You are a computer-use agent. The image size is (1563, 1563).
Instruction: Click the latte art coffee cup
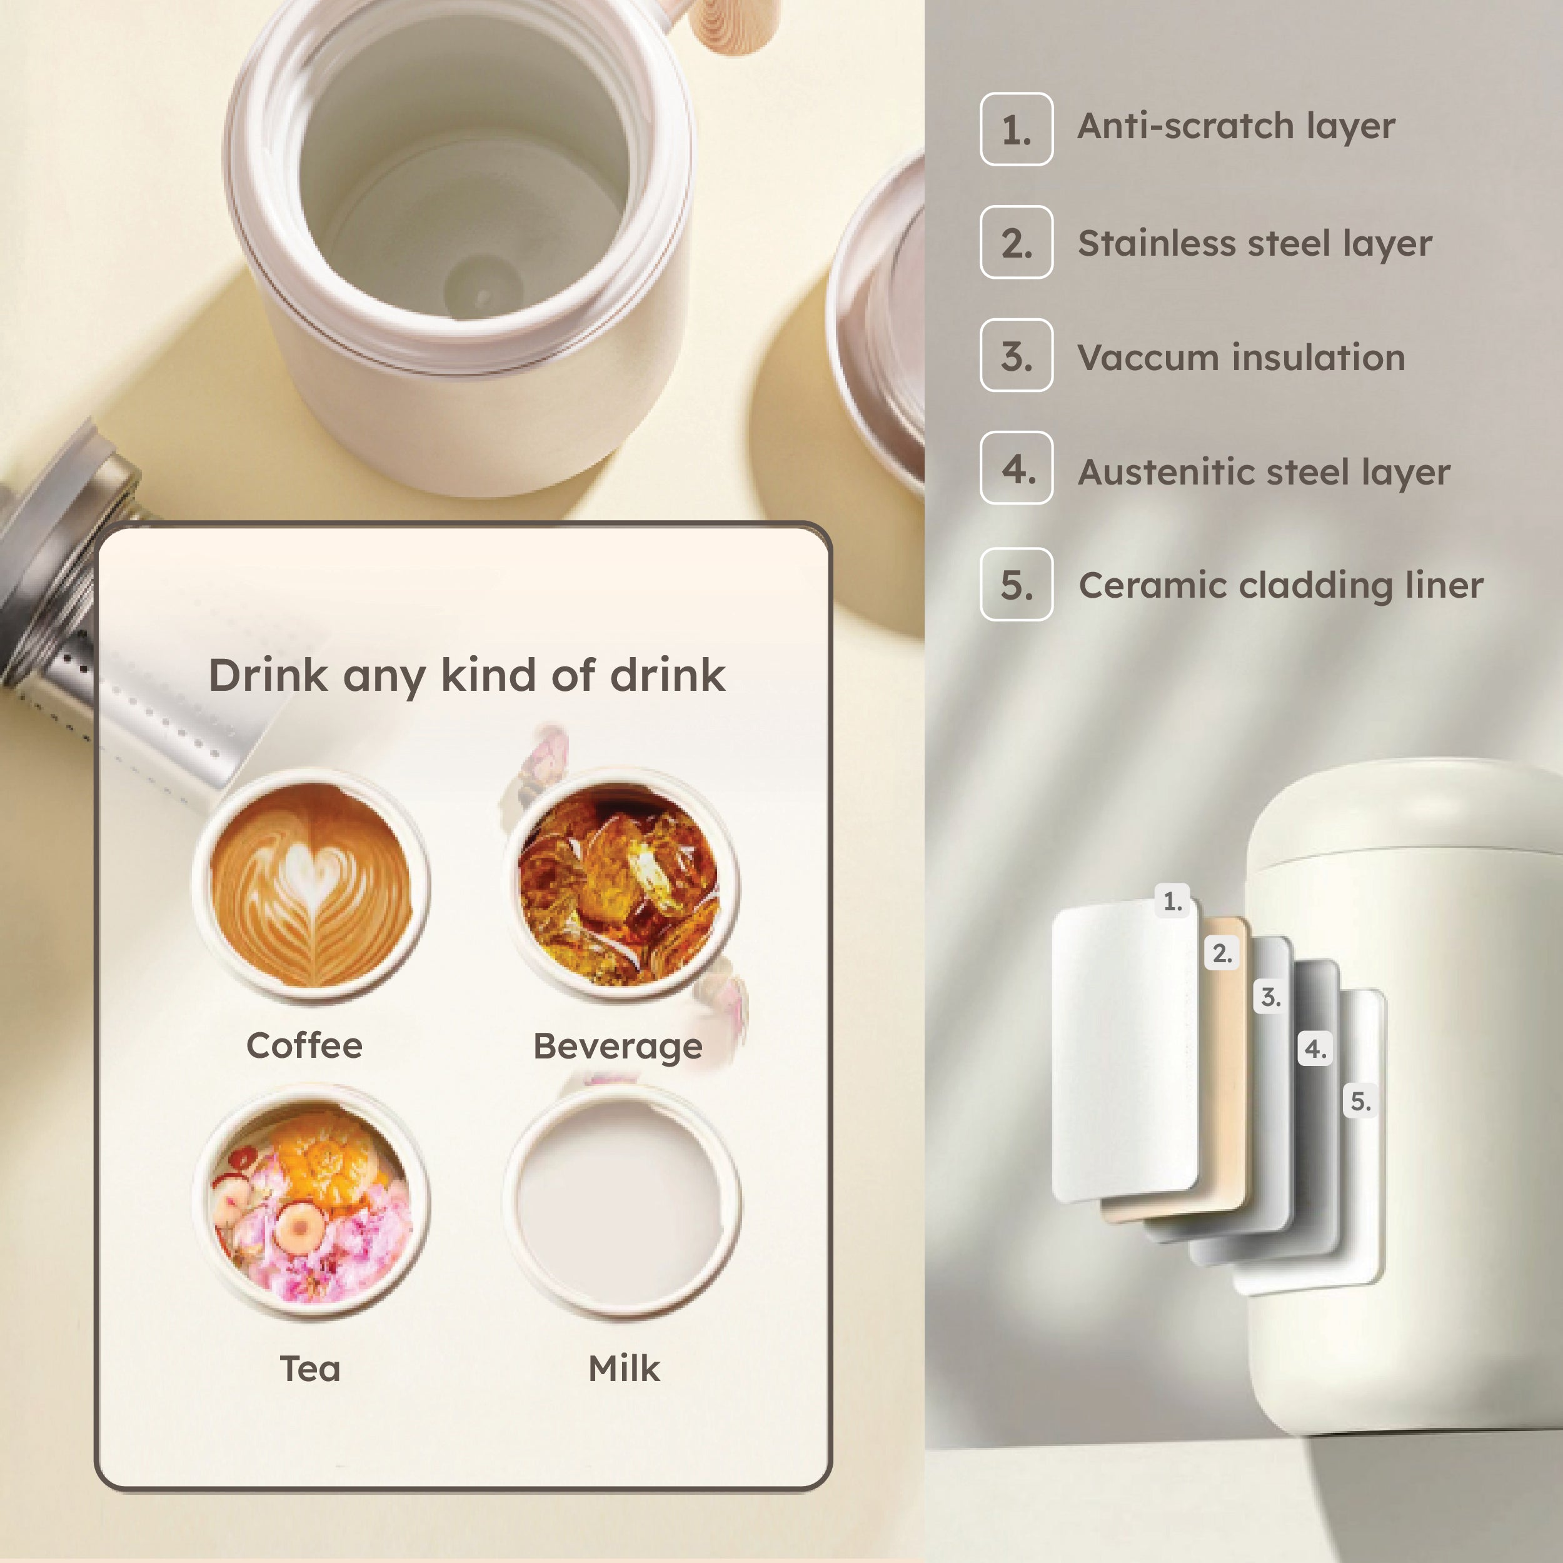coord(311,885)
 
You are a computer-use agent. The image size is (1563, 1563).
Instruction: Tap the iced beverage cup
coord(620,885)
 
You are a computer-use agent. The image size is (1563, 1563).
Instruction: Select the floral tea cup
coord(311,1204)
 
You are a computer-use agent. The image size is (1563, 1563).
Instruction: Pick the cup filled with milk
coord(620,1204)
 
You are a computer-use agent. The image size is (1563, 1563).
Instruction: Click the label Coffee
coord(304,1045)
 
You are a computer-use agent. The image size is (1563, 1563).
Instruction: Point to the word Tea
coord(310,1369)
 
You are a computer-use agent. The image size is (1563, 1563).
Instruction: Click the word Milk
coord(624,1369)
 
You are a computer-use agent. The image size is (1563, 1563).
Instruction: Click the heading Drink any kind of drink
coord(467,675)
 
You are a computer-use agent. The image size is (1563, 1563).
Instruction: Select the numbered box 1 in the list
coord(1016,129)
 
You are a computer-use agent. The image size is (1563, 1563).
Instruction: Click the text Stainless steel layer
coord(1254,243)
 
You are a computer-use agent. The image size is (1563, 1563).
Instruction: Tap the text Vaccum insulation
coord(1241,358)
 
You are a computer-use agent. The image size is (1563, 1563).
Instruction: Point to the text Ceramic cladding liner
coord(1280,586)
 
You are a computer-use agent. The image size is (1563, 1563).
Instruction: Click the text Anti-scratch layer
coord(1236,127)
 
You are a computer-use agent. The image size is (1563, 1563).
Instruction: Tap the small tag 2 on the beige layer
coord(1222,953)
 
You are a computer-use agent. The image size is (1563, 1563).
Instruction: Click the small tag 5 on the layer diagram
coord(1361,1101)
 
